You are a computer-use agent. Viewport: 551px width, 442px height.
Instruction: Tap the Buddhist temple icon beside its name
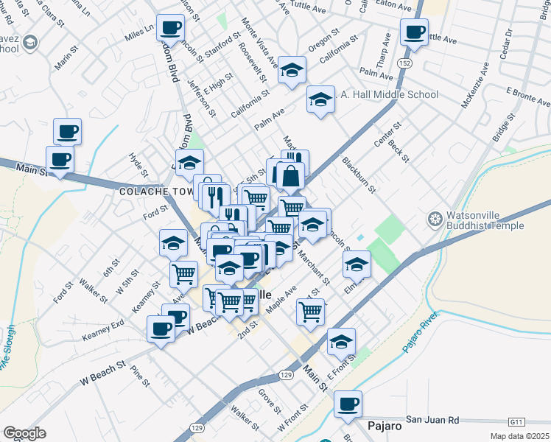(x=434, y=220)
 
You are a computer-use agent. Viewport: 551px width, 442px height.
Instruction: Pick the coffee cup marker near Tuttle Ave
(x=414, y=32)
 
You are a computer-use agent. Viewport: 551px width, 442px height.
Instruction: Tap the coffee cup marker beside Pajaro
(x=348, y=404)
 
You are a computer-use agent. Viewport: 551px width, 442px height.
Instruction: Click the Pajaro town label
(x=384, y=427)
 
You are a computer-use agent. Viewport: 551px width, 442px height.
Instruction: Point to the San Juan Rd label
(x=432, y=420)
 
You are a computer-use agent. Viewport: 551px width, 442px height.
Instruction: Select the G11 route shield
(x=516, y=421)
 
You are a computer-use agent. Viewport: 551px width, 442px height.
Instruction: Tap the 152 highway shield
(x=406, y=64)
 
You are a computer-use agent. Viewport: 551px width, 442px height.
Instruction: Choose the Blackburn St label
(x=358, y=174)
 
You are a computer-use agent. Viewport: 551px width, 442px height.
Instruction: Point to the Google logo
(x=24, y=433)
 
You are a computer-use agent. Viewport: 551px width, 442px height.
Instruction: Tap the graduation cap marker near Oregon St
(x=292, y=71)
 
